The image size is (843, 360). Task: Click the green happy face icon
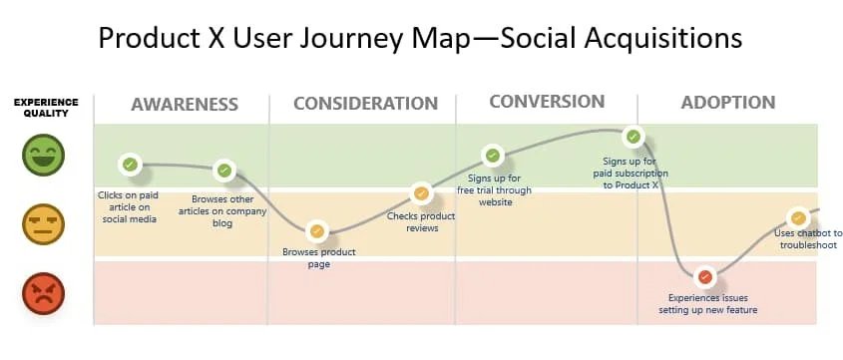pyautogui.click(x=43, y=155)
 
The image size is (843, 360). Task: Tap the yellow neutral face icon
pyautogui.click(x=43, y=224)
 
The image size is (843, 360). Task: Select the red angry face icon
pyautogui.click(x=43, y=293)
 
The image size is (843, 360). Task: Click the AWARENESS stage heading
pyautogui.click(x=185, y=105)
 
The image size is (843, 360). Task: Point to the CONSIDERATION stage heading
pyautogui.click(x=365, y=103)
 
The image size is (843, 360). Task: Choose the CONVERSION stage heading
pyautogui.click(x=547, y=102)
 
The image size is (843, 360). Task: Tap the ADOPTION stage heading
pyautogui.click(x=728, y=102)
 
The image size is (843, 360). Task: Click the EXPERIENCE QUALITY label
pyautogui.click(x=46, y=108)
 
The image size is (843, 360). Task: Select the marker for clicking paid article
pyautogui.click(x=130, y=165)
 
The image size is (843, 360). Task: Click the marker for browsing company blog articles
pyautogui.click(x=224, y=171)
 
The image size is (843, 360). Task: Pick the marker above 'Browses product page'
pyautogui.click(x=316, y=231)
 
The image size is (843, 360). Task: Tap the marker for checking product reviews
pyautogui.click(x=420, y=192)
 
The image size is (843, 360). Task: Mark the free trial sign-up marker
pyautogui.click(x=493, y=156)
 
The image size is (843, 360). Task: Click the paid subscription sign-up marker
pyautogui.click(x=633, y=137)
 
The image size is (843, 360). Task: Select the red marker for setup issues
pyautogui.click(x=705, y=277)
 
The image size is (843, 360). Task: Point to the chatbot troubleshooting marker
pyautogui.click(x=798, y=218)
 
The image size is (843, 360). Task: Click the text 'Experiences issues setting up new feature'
pyautogui.click(x=707, y=303)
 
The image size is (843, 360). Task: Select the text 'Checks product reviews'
pyautogui.click(x=421, y=222)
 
